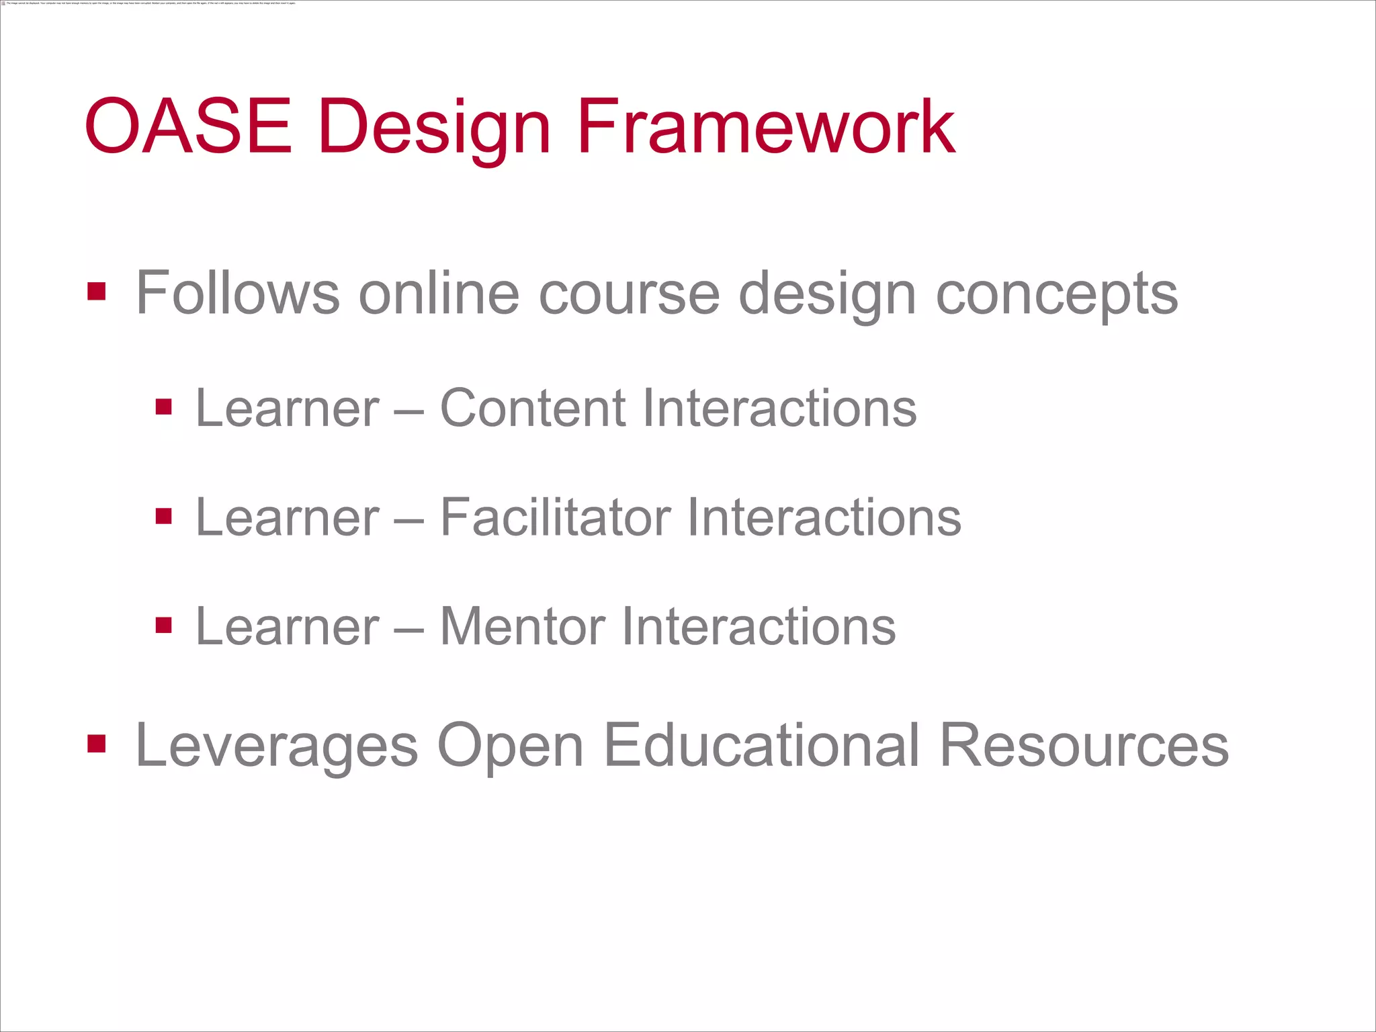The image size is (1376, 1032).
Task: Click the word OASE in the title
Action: pyautogui.click(x=188, y=126)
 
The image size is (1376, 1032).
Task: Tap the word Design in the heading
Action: pyautogui.click(x=434, y=128)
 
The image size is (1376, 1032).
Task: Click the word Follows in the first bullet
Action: pyautogui.click(x=237, y=293)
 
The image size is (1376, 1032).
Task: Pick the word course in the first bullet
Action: pyautogui.click(x=630, y=294)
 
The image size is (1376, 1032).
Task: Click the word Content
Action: pyautogui.click(x=533, y=408)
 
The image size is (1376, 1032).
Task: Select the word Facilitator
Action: pyautogui.click(x=556, y=517)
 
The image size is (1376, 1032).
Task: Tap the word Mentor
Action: pyautogui.click(x=522, y=626)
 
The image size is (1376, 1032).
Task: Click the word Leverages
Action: pyautogui.click(x=277, y=746)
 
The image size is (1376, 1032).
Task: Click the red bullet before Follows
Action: pyautogui.click(x=97, y=292)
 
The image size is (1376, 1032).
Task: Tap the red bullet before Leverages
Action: pyautogui.click(x=97, y=744)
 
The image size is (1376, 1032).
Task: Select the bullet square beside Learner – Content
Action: pyautogui.click(x=164, y=407)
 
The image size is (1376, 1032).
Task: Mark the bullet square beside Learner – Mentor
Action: pyautogui.click(x=164, y=626)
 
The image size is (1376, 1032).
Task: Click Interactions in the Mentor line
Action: pyautogui.click(x=759, y=626)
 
